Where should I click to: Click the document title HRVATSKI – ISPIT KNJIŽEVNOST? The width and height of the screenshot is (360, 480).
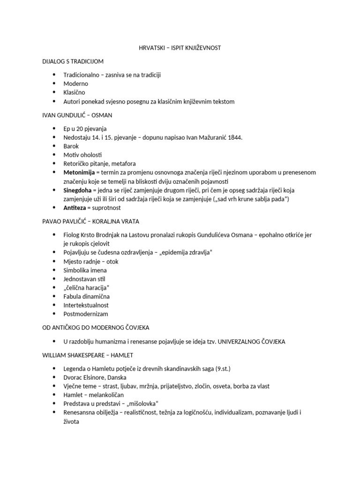pyautogui.click(x=180, y=48)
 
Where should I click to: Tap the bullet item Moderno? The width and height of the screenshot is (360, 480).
pyautogui.click(x=76, y=84)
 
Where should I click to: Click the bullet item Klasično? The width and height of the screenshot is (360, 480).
pyautogui.click(x=75, y=93)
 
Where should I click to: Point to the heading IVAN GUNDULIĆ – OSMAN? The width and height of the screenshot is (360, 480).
pyautogui.click(x=77, y=115)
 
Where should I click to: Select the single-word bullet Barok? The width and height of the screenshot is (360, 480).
pyautogui.click(x=71, y=146)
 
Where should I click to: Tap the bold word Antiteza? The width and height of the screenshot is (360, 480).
pyautogui.click(x=75, y=208)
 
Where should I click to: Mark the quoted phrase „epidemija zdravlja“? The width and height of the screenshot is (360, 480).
pyautogui.click(x=185, y=252)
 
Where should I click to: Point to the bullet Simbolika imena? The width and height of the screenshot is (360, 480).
pyautogui.click(x=85, y=270)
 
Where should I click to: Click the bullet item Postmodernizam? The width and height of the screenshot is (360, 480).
pyautogui.click(x=86, y=314)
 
